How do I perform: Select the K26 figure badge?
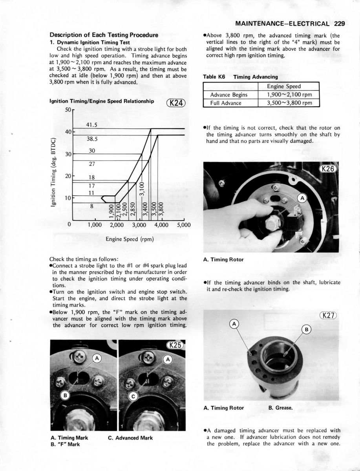pyautogui.click(x=328, y=169)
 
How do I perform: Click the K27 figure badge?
pyautogui.click(x=328, y=315)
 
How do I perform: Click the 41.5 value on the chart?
pyautogui.click(x=91, y=125)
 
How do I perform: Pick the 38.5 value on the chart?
pyautogui.click(x=92, y=139)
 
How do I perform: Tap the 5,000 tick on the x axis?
pyautogui.click(x=184, y=225)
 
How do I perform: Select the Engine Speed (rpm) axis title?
pyautogui.click(x=130, y=239)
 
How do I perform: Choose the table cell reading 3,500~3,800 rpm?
pyautogui.click(x=289, y=103)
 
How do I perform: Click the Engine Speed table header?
pyautogui.click(x=289, y=86)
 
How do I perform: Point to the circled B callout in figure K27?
pyautogui.click(x=306, y=329)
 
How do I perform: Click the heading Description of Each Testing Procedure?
pyautogui.click(x=104, y=35)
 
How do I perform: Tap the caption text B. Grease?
pyautogui.click(x=280, y=408)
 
